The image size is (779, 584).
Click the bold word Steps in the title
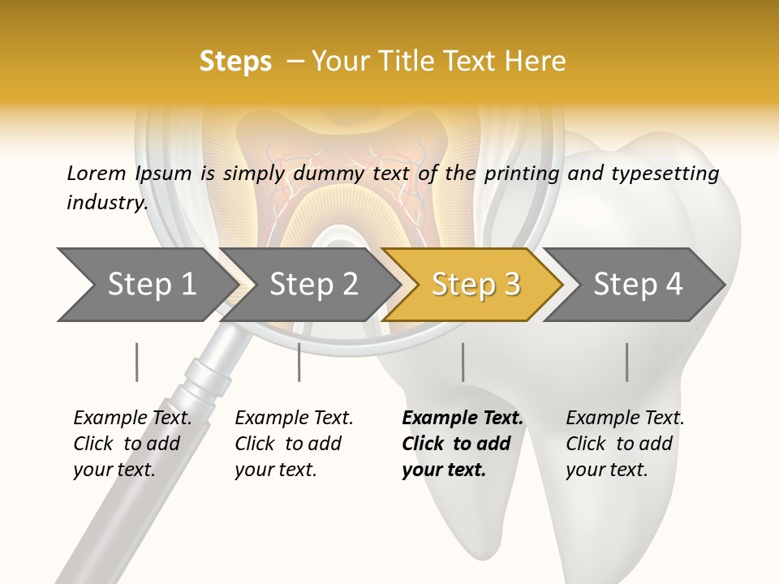click(235, 62)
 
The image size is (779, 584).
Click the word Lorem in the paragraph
click(97, 174)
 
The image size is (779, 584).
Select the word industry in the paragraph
click(106, 203)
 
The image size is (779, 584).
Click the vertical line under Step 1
click(136, 362)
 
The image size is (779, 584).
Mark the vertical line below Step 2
click(299, 362)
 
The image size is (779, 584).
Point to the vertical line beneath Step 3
click(463, 362)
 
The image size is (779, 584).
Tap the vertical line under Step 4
click(626, 362)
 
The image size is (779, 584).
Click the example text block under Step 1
click(132, 444)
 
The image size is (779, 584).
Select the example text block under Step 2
click(294, 444)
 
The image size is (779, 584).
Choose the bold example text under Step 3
click(462, 444)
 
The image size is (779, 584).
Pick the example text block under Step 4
click(625, 444)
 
